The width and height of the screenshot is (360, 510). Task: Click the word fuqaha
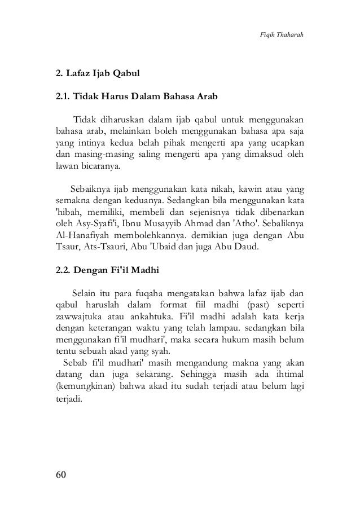click(x=148, y=294)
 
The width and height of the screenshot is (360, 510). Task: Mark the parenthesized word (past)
click(x=239, y=305)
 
